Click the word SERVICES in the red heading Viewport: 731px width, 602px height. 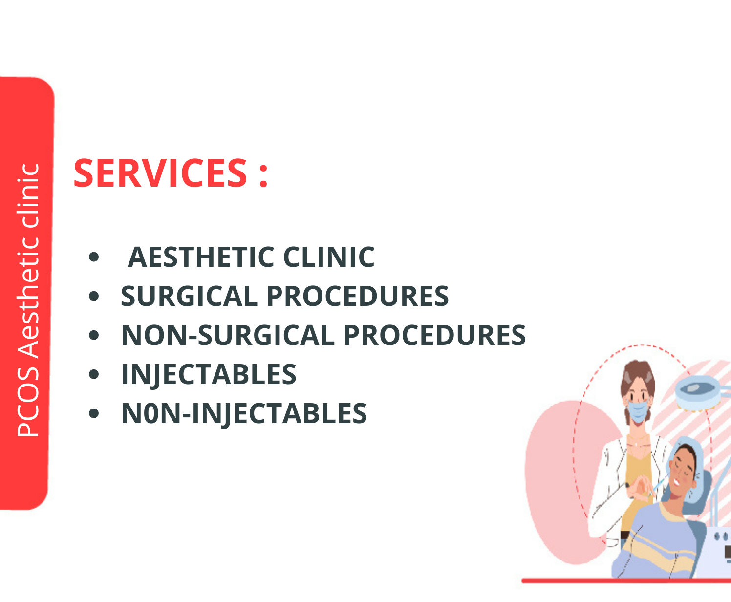[x=160, y=173]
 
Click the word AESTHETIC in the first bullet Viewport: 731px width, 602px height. [x=201, y=257]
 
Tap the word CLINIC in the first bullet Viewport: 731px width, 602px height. [x=329, y=257]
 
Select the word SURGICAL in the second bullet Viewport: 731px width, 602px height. [x=190, y=296]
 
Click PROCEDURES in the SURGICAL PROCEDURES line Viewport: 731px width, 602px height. [x=358, y=296]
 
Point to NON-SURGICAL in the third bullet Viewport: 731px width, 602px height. [x=228, y=335]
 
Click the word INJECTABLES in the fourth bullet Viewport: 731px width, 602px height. [x=209, y=374]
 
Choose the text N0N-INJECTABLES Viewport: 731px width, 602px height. [x=244, y=413]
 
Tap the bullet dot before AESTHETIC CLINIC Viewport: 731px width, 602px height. [x=94, y=257]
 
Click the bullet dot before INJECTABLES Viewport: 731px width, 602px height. [x=94, y=374]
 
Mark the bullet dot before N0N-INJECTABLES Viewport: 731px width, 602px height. [x=94, y=413]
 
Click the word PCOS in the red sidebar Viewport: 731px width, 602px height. [x=28, y=401]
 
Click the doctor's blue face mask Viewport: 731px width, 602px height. [x=637, y=411]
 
